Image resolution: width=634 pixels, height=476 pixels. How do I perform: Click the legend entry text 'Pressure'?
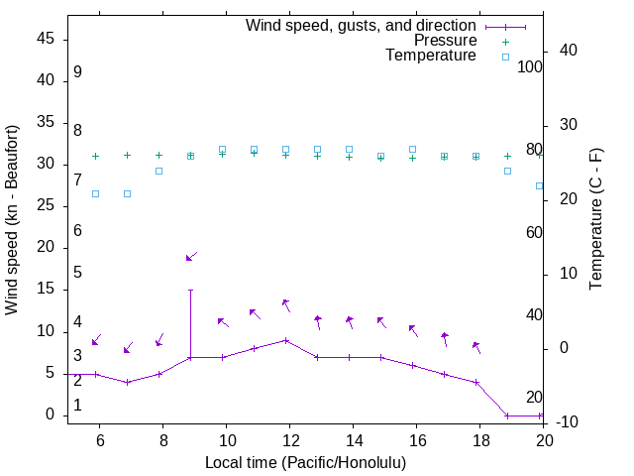[x=446, y=41]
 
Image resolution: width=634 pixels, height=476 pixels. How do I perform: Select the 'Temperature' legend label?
[x=431, y=56]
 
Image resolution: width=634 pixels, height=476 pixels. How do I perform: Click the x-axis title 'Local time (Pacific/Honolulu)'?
[x=305, y=462]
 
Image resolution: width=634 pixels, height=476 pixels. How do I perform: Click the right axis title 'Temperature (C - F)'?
[x=595, y=220]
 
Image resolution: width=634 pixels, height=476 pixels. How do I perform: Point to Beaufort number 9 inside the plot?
[x=77, y=72]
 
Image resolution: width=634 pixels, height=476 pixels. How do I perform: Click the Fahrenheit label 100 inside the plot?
[x=530, y=66]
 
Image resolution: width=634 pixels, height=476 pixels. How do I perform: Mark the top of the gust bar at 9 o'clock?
[x=190, y=290]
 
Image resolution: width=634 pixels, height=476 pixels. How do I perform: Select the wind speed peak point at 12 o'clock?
[x=285, y=340]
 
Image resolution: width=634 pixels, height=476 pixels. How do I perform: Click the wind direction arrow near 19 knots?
[x=191, y=257]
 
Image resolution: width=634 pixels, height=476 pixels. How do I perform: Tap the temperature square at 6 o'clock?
[x=95, y=193]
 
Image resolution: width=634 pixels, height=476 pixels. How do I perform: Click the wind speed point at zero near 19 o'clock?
[x=507, y=416]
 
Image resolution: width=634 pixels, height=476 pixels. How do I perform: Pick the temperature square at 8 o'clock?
[x=158, y=171]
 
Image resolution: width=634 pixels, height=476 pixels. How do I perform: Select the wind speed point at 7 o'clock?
[x=127, y=382]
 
